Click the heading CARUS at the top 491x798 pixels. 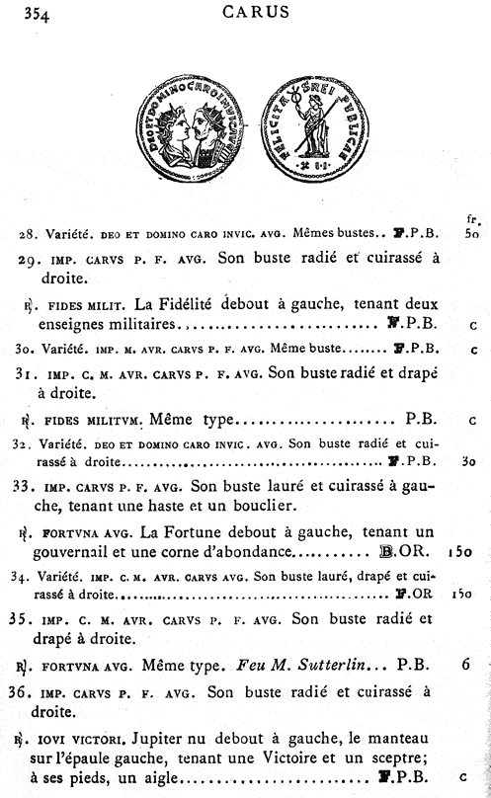[256, 13]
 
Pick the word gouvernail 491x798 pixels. [86, 551]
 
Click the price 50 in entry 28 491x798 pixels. [471, 234]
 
